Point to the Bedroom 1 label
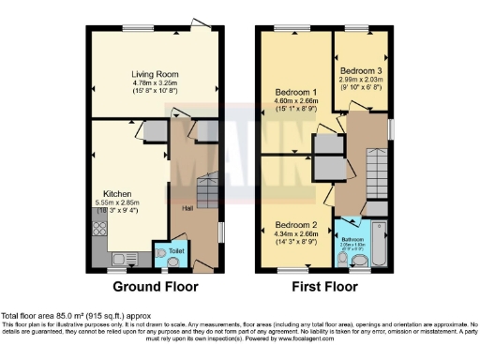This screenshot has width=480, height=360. [x=296, y=93]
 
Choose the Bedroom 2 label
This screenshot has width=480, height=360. [x=296, y=225]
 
